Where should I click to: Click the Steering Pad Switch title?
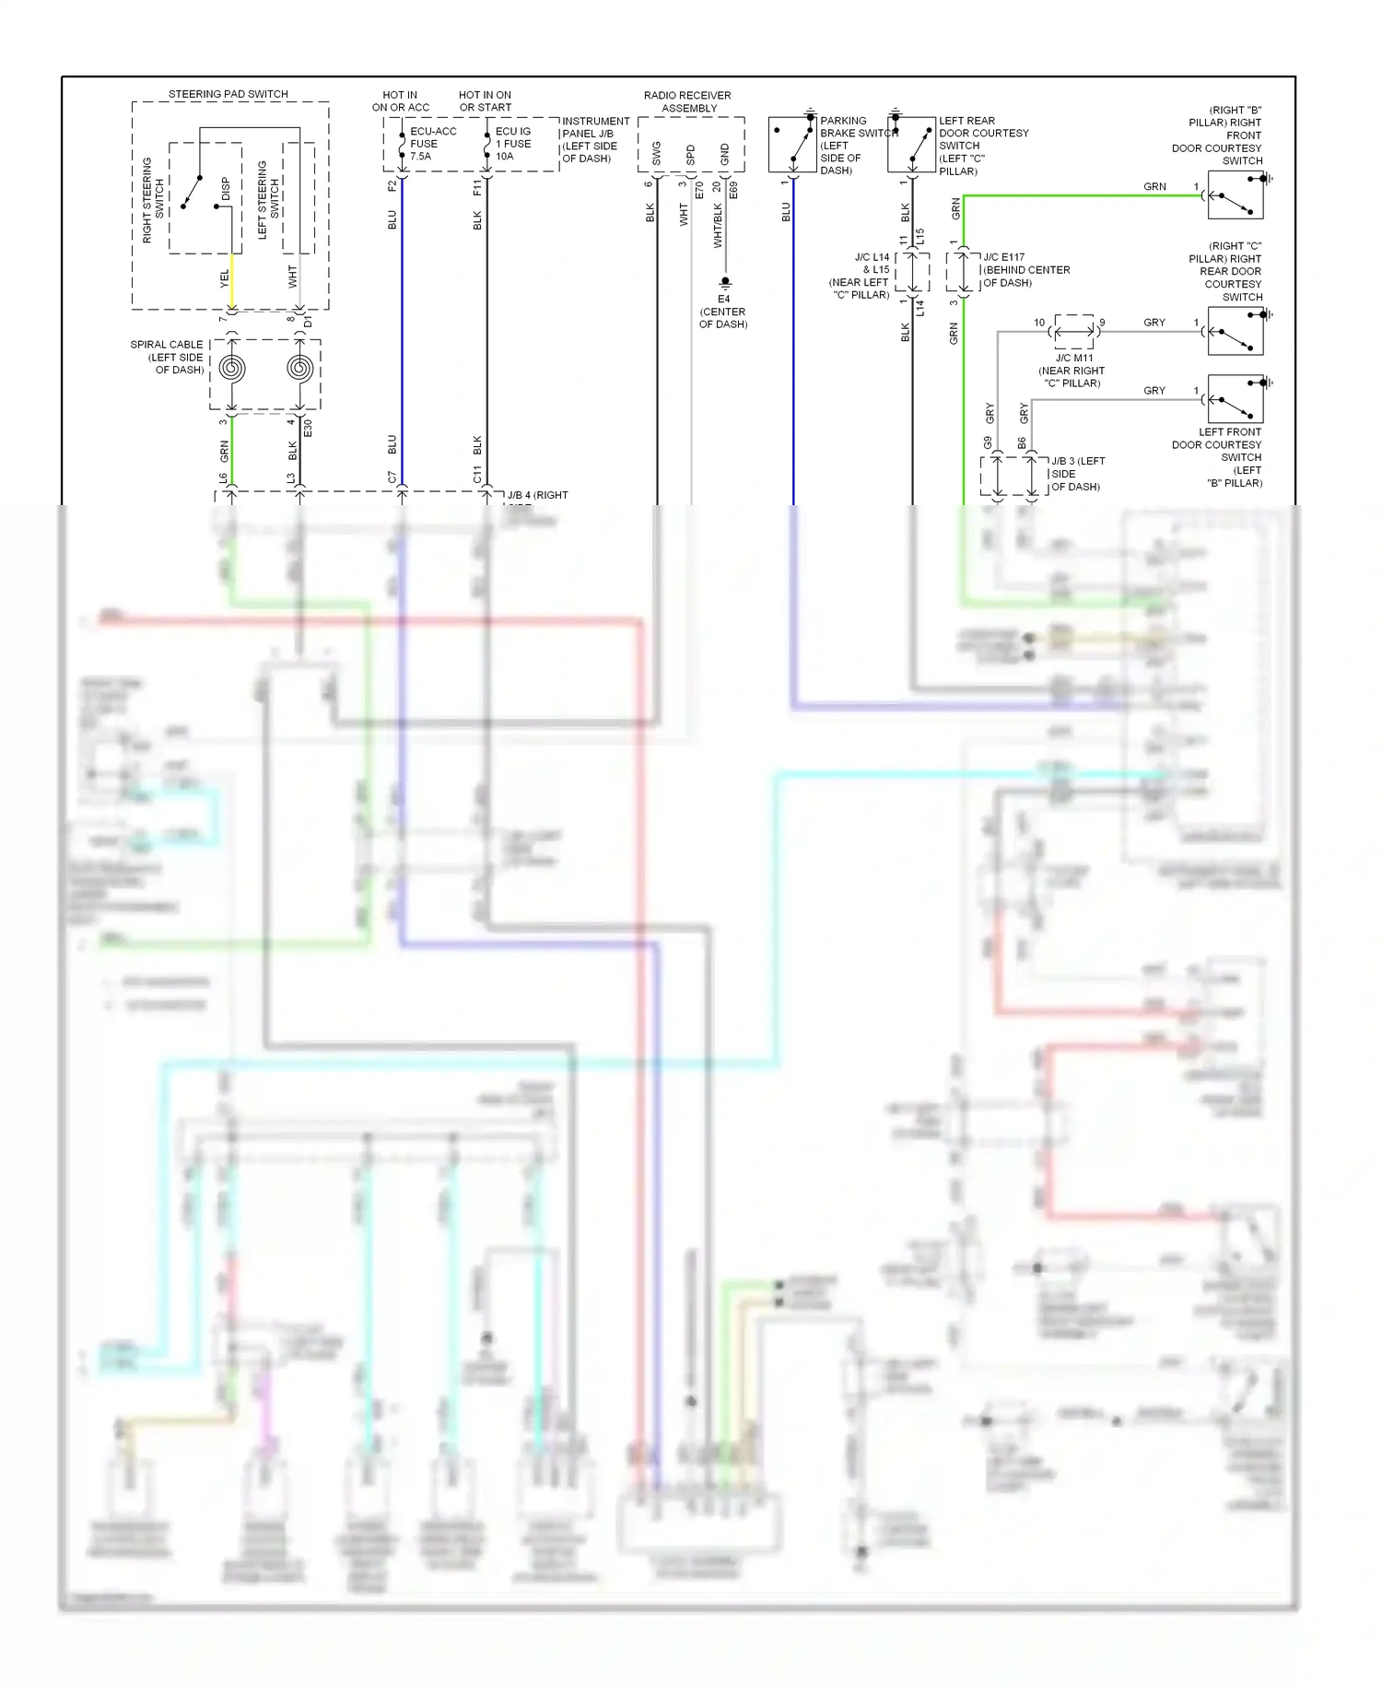pos(228,94)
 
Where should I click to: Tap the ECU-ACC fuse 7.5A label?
pos(432,144)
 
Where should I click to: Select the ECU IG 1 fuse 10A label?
pos(513,144)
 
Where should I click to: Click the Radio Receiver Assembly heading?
pos(688,101)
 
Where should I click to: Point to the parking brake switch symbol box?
pos(792,145)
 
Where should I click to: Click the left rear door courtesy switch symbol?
pos(911,145)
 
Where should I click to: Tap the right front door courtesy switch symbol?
pos(1236,195)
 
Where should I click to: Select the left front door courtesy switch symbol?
pos(1236,399)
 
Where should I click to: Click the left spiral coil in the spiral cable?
pos(231,369)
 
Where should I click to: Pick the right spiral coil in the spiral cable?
pos(299,369)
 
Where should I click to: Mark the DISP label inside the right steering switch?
pos(226,189)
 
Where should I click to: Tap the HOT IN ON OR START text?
pos(485,101)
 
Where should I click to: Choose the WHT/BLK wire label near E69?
pos(718,226)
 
